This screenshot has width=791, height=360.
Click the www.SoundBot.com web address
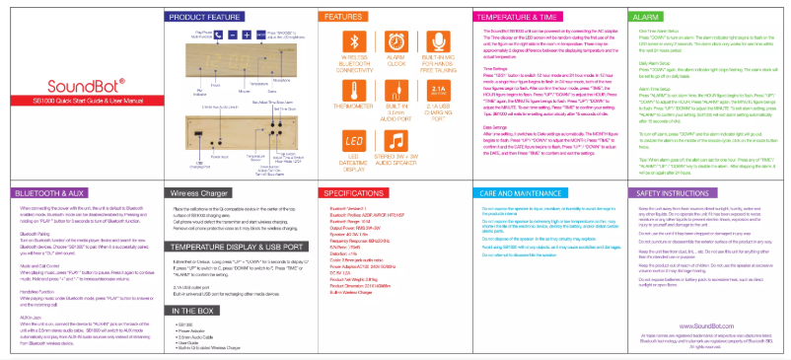705,311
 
